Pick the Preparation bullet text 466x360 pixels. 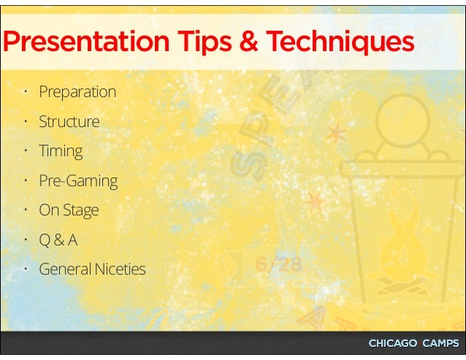click(x=77, y=92)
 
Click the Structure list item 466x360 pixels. click(x=69, y=121)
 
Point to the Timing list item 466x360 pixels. click(x=61, y=151)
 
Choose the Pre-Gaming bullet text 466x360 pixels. click(x=78, y=181)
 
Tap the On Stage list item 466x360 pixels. click(x=69, y=210)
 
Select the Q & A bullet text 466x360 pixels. click(x=58, y=240)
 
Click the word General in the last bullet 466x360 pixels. click(x=64, y=269)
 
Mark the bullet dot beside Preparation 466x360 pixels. click(x=24, y=91)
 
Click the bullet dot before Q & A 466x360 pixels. click(x=24, y=239)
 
